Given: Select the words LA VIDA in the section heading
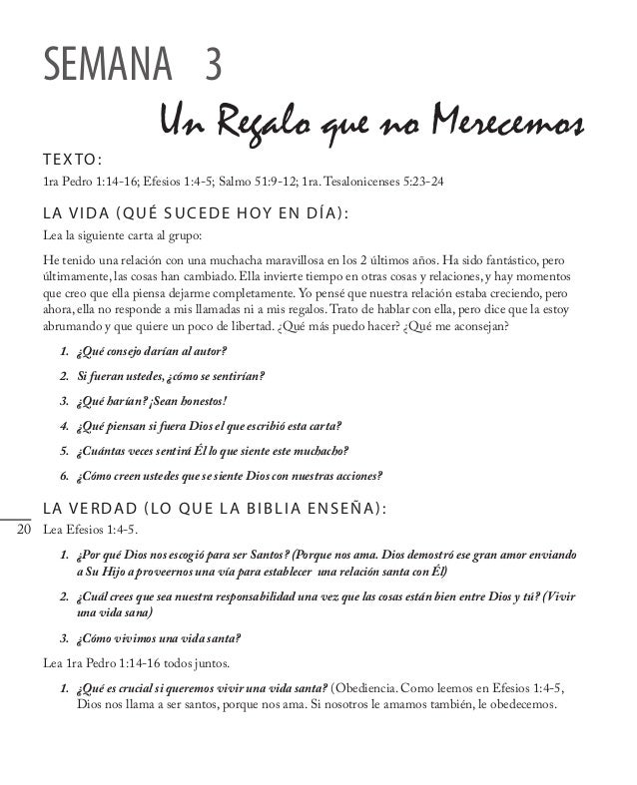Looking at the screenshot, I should coord(77,214).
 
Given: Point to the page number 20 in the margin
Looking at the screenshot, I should coord(25,529).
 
